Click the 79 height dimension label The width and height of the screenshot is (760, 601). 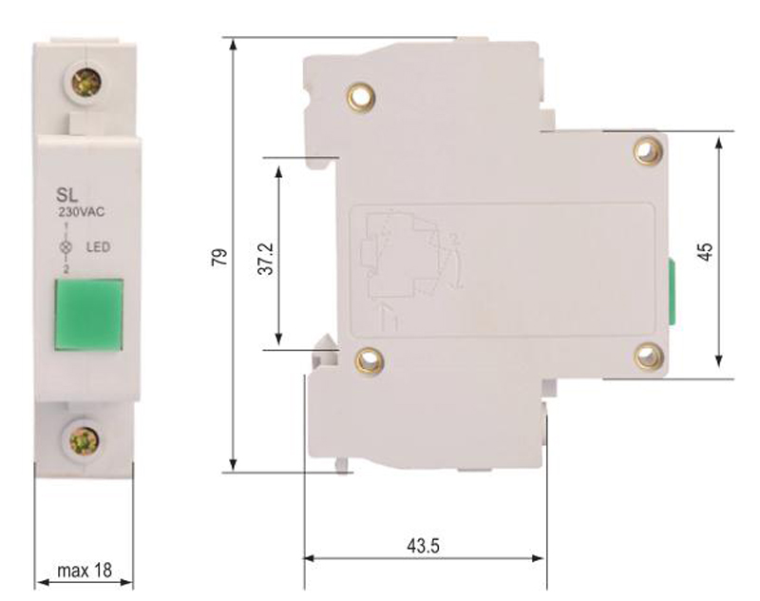[x=218, y=257]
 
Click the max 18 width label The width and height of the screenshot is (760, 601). [x=84, y=571]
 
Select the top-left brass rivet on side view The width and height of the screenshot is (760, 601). [x=362, y=96]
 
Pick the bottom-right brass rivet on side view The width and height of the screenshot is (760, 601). [x=648, y=357]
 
